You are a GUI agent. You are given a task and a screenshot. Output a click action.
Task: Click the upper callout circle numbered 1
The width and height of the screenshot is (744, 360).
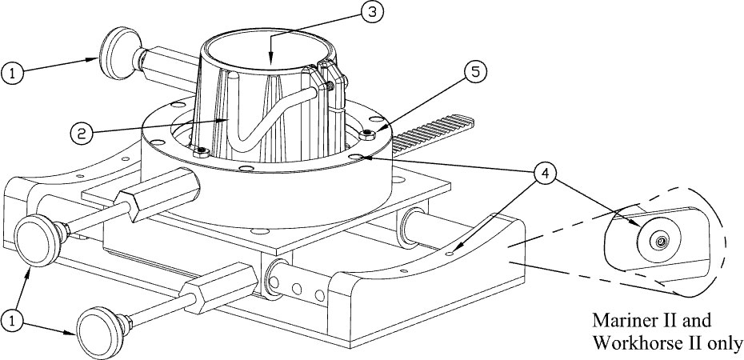[x=14, y=74]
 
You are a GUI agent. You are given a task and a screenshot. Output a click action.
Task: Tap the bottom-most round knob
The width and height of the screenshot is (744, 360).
[x=98, y=333]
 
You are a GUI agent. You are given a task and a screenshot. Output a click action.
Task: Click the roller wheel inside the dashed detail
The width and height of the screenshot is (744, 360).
[x=659, y=242]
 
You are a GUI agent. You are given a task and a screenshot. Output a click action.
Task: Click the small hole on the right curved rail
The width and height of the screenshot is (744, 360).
[x=450, y=254]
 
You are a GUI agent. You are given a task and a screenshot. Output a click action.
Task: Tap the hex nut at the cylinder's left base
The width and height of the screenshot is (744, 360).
[x=202, y=152]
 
